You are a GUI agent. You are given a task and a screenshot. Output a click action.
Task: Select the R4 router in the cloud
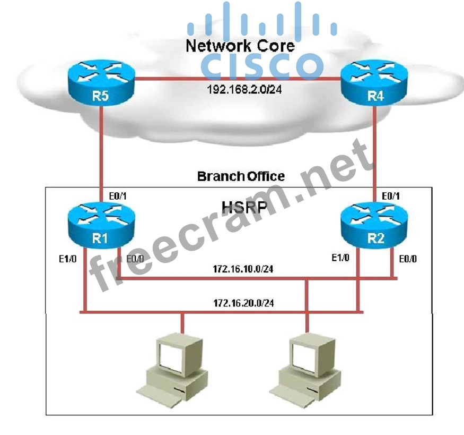pyautogui.click(x=374, y=82)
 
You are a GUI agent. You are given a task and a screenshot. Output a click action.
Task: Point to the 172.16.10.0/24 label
pyautogui.click(x=244, y=269)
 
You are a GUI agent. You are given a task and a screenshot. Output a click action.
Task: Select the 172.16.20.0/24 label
pyautogui.click(x=244, y=303)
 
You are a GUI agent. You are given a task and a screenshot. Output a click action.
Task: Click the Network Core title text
pyautogui.click(x=240, y=45)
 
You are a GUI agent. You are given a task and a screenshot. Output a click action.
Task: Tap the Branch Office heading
pyautogui.click(x=241, y=176)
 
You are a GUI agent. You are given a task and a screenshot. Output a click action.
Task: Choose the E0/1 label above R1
pyautogui.click(x=118, y=196)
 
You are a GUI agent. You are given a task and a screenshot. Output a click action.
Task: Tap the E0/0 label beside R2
pyautogui.click(x=407, y=259)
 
